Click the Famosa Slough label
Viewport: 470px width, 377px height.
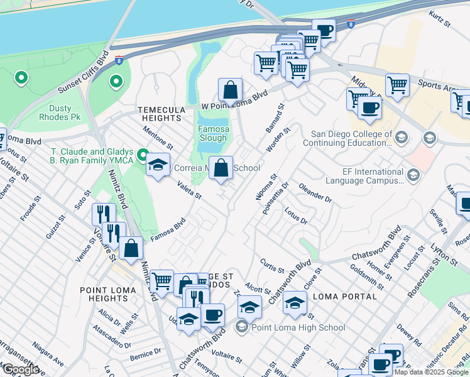click(x=214, y=132)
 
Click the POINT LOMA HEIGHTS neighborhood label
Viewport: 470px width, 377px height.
click(x=104, y=293)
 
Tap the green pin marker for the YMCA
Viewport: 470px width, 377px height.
click(x=143, y=154)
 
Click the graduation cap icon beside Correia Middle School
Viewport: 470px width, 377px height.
click(x=157, y=165)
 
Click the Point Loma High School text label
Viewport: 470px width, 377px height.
click(x=298, y=327)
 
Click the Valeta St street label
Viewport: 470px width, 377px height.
click(x=189, y=190)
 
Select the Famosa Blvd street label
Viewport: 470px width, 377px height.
click(x=168, y=229)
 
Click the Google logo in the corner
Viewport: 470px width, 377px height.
click(x=21, y=369)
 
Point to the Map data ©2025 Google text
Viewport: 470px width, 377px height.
click(x=431, y=372)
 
